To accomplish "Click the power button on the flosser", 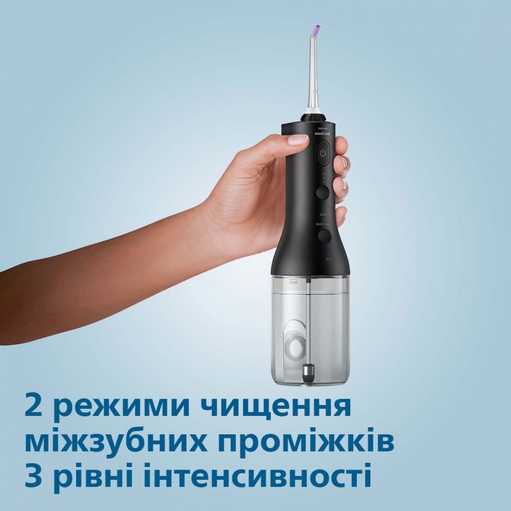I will [x=323, y=153].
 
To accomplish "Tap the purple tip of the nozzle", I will [x=317, y=28].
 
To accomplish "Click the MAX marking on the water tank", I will [x=293, y=282].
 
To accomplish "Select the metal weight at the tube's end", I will [x=309, y=371].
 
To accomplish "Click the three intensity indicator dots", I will [x=322, y=177].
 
